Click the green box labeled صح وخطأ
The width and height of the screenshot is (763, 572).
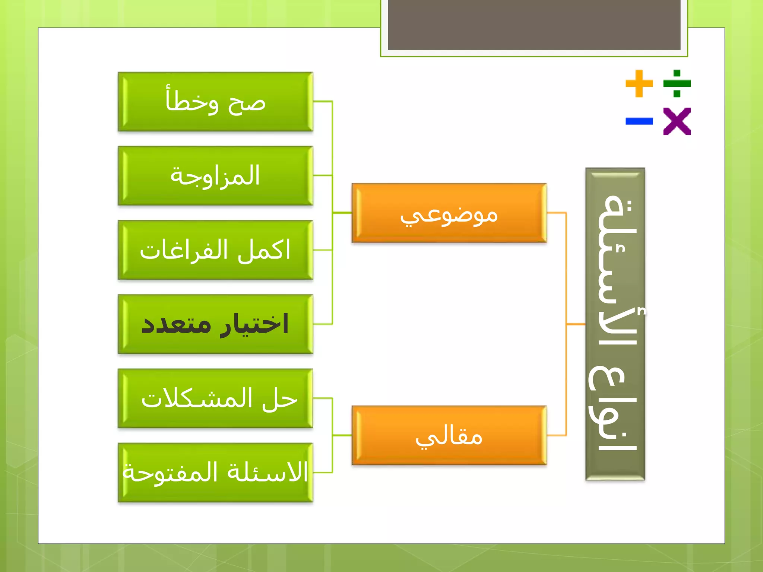pyautogui.click(x=215, y=102)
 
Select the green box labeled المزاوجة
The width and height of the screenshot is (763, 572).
pyautogui.click(x=215, y=176)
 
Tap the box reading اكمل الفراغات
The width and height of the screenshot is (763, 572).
pyautogui.click(x=215, y=250)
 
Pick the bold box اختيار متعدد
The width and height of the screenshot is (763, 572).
pyautogui.click(x=215, y=324)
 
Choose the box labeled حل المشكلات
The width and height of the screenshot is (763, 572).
pyautogui.click(x=215, y=398)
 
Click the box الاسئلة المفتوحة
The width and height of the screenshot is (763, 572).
pyautogui.click(x=215, y=472)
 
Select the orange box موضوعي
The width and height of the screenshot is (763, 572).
pyautogui.click(x=449, y=213)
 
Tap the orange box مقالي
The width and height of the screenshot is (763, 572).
pyautogui.click(x=449, y=435)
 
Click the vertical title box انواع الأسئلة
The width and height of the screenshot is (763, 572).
pyautogui.click(x=615, y=324)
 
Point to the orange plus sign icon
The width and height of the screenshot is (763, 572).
pyautogui.click(x=639, y=83)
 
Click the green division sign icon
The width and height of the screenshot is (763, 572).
pyautogui.click(x=677, y=83)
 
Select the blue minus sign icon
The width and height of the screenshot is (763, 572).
pyautogui.click(x=639, y=121)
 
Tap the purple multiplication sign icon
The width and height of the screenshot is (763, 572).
pyautogui.click(x=677, y=121)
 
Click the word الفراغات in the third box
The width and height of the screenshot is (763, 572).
pyautogui.click(x=183, y=250)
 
